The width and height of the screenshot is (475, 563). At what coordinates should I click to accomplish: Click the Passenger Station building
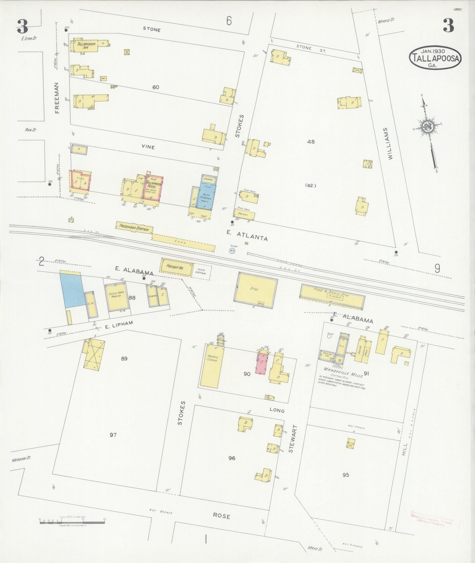(134, 227)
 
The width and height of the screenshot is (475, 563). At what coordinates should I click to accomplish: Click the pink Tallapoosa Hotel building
(153, 187)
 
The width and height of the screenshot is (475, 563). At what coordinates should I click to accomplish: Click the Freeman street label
(57, 97)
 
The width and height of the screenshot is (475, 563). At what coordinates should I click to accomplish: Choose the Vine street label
(148, 147)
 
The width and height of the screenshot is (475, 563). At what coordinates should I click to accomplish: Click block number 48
(311, 142)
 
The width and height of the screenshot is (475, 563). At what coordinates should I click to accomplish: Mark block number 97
(113, 435)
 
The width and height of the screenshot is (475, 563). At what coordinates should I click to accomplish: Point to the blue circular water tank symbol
(232, 251)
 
